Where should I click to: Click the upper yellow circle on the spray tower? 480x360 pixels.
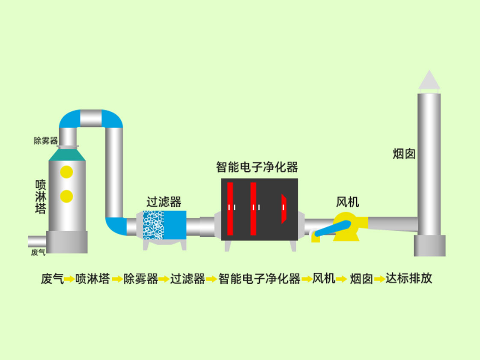click(x=66, y=172)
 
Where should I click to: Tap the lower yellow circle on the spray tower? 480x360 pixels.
click(x=66, y=196)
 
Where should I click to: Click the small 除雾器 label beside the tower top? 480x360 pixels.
click(x=46, y=141)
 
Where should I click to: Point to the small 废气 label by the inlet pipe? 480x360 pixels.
click(x=38, y=252)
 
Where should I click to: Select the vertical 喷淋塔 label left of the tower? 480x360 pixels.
click(x=41, y=197)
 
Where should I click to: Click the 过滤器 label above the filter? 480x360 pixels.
click(x=164, y=202)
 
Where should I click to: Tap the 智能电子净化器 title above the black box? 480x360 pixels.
click(x=257, y=167)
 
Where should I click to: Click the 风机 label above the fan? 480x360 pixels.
click(x=347, y=202)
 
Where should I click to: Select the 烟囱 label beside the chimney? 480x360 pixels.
click(x=404, y=154)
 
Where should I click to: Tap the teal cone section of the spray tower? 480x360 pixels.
click(x=67, y=155)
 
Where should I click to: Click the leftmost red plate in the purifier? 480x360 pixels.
click(x=230, y=209)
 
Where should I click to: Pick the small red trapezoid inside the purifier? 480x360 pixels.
click(x=284, y=209)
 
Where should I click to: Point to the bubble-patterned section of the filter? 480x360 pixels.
click(x=153, y=225)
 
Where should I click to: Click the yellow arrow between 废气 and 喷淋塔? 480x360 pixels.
click(x=69, y=279)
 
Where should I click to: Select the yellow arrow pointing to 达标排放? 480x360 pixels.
click(x=380, y=279)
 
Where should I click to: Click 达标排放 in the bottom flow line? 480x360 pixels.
click(x=409, y=278)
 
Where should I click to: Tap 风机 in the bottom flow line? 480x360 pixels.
click(x=324, y=278)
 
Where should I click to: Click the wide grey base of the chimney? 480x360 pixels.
click(x=429, y=246)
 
